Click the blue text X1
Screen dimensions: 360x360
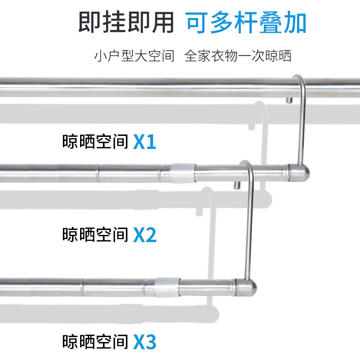[145, 142]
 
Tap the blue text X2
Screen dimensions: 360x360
[145, 234]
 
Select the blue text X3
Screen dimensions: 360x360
[145, 342]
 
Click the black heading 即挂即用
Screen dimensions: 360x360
[126, 22]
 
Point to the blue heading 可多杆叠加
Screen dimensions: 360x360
[247, 22]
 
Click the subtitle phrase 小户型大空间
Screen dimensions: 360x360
[134, 56]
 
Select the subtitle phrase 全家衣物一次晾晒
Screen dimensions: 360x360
[238, 56]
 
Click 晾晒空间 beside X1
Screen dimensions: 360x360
[95, 142]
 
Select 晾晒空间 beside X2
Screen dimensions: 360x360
[95, 234]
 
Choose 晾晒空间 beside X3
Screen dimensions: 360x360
[95, 342]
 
